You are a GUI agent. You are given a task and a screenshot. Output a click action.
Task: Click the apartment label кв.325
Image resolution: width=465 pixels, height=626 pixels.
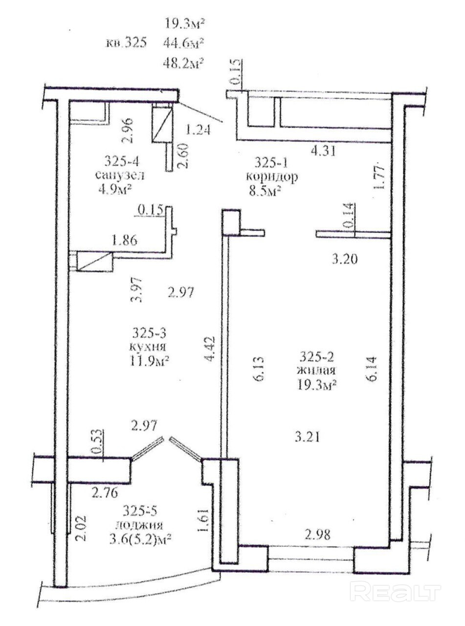[126, 43]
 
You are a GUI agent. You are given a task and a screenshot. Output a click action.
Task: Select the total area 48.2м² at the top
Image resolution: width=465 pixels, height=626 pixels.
[184, 63]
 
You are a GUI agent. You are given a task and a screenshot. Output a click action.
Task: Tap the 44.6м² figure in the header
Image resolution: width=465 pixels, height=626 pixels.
[184, 43]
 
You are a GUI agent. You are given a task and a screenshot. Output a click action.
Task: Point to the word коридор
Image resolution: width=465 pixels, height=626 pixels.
[272, 177]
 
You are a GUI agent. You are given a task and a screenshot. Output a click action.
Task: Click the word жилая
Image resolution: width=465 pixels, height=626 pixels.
[316, 370]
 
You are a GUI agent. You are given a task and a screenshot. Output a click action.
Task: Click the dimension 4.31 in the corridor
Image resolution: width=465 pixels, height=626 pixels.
[323, 151]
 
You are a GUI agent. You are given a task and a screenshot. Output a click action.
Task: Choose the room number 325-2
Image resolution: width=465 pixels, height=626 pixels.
[316, 357]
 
